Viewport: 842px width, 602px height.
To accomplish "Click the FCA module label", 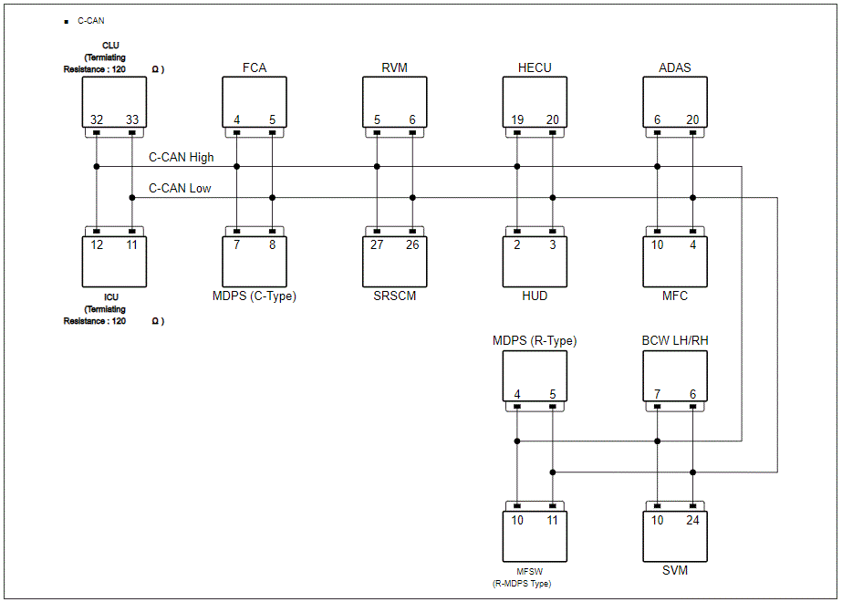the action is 254,67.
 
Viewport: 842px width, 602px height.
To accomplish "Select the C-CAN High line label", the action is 181,158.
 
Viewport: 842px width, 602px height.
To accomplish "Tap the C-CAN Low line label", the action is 180,189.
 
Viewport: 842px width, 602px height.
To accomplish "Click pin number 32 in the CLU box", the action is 97,119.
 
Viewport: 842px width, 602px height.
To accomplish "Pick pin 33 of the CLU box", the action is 132,119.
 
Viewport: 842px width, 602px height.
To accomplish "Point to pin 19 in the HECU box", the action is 517,119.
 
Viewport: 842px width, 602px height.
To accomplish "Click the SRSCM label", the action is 395,296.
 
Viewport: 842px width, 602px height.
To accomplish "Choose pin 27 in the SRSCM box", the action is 377,244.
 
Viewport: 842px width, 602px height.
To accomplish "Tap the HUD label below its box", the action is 535,296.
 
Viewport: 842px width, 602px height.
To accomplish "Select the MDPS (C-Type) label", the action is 254,296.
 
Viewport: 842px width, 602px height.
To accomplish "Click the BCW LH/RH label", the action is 675,340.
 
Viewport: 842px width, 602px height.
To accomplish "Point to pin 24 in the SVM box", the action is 692,521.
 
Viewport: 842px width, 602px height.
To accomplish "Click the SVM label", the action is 675,570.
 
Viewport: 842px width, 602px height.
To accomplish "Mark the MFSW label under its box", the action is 529,572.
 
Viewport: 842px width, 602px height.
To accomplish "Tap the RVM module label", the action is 395,67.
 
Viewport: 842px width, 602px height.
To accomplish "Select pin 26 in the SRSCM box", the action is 412,244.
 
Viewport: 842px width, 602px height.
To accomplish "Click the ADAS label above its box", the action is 675,67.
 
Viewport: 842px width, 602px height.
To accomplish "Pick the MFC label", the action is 675,296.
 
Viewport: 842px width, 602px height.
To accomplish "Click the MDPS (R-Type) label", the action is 535,340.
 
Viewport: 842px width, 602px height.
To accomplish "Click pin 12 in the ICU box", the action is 97,244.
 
